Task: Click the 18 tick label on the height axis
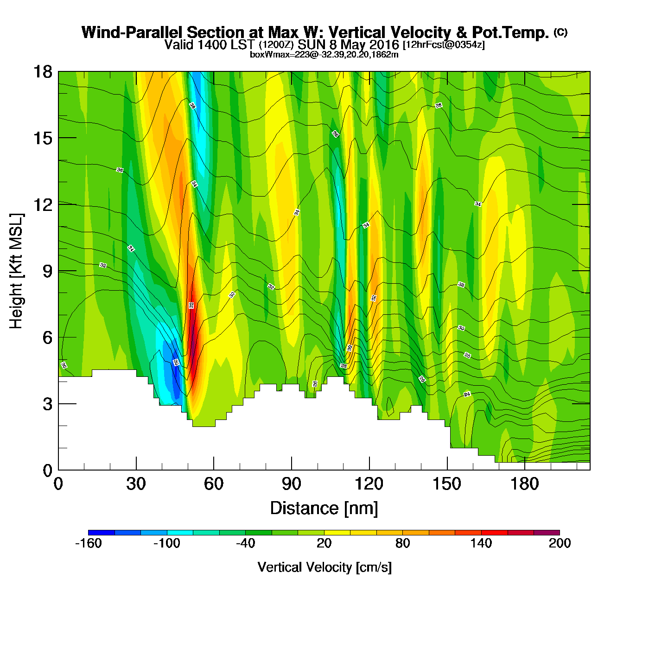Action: pyautogui.click(x=42, y=72)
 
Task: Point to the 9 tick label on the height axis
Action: pyautogui.click(x=47, y=271)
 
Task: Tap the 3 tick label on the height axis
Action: pyautogui.click(x=47, y=404)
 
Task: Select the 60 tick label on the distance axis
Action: pyautogui.click(x=214, y=484)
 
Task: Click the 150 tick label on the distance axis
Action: pyautogui.click(x=447, y=484)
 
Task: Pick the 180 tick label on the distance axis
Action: pyautogui.click(x=525, y=484)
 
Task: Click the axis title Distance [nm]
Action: pyautogui.click(x=324, y=509)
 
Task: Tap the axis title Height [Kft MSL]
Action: pyautogui.click(x=16, y=271)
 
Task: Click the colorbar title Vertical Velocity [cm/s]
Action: pyautogui.click(x=324, y=567)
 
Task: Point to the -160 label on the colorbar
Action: pyautogui.click(x=88, y=544)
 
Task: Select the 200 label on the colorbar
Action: pyautogui.click(x=560, y=544)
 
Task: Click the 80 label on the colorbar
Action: pyautogui.click(x=402, y=544)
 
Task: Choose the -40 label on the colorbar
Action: pyautogui.click(x=245, y=544)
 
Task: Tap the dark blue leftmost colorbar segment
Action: pyautogui.click(x=101, y=533)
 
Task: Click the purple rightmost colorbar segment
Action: pyautogui.click(x=547, y=533)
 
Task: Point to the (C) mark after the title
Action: pyautogui.click(x=560, y=32)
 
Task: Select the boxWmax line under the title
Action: pyautogui.click(x=324, y=55)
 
